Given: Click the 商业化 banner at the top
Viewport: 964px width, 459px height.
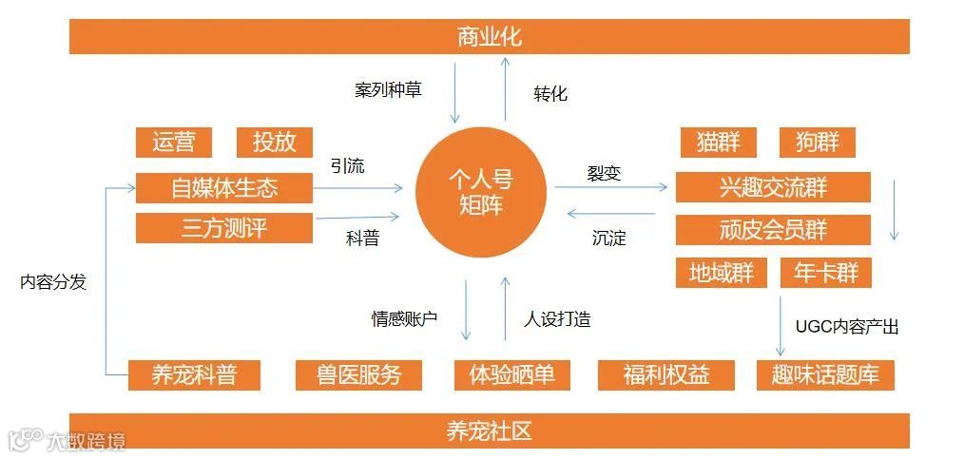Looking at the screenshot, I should click(x=489, y=37).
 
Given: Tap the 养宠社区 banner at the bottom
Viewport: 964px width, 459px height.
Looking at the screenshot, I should click(x=489, y=430).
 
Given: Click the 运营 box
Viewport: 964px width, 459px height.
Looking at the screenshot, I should click(x=173, y=143).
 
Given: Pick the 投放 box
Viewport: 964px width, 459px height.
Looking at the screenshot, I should click(x=274, y=143).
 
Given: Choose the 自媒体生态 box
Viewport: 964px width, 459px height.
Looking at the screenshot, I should click(x=224, y=187).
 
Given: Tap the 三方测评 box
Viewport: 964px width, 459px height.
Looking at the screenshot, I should click(x=224, y=228).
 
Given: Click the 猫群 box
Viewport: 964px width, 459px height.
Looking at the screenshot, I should click(x=718, y=143).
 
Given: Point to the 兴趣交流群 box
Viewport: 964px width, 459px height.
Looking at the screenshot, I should click(x=773, y=187).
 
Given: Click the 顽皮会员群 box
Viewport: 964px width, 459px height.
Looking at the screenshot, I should click(x=773, y=230).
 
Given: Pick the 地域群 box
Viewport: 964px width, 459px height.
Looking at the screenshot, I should click(x=721, y=274).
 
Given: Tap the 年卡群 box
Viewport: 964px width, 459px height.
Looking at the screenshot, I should click(x=825, y=274).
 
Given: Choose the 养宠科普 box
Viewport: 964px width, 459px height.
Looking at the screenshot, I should click(x=194, y=374).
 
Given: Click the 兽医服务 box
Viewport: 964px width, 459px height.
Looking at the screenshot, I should click(x=359, y=374).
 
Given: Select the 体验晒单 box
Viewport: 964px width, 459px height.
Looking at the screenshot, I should click(x=511, y=374).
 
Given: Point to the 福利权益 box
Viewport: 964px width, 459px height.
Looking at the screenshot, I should click(x=666, y=374).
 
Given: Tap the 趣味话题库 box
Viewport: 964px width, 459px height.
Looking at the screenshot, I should click(x=825, y=374).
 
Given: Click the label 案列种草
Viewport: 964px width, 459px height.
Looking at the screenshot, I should click(x=388, y=90).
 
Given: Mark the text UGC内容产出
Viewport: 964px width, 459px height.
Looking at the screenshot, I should click(x=846, y=327).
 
